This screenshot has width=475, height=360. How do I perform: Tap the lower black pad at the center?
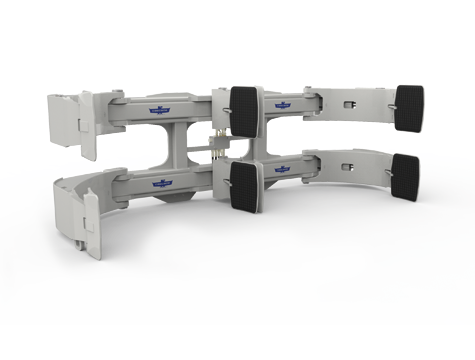click(x=245, y=185)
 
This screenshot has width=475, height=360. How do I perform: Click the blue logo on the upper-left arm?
click(x=160, y=112)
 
